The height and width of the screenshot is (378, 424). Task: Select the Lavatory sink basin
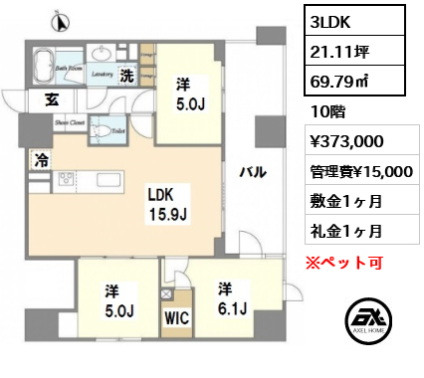(103, 55)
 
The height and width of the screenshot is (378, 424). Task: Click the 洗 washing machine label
(128, 74)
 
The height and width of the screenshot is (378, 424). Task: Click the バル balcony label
(251, 173)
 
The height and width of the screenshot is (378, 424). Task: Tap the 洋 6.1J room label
(231, 296)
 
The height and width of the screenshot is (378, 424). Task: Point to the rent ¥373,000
(346, 143)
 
